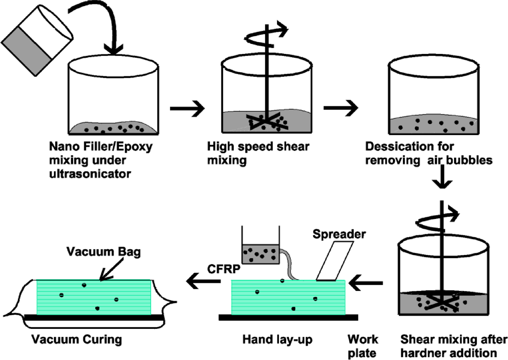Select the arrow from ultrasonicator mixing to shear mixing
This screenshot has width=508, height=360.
click(x=187, y=108)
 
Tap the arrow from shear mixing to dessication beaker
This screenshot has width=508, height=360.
click(x=341, y=108)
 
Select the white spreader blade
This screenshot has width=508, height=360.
click(x=335, y=261)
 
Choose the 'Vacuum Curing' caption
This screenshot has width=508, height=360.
click(x=77, y=340)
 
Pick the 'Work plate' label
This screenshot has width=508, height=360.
click(x=363, y=346)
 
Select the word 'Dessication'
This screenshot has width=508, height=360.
click(x=410, y=147)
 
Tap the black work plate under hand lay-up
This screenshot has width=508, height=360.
click(x=288, y=317)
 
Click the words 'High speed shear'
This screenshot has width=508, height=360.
click(x=258, y=147)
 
